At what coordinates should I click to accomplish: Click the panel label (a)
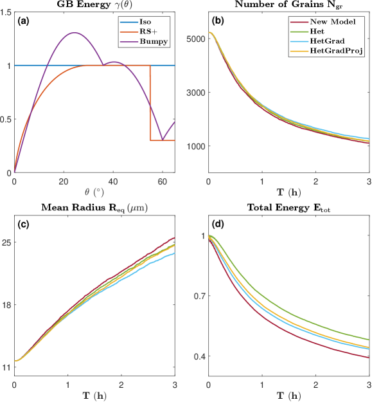[22, 21]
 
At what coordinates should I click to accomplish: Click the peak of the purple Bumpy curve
[75, 33]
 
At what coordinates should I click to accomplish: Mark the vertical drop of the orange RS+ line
[150, 103]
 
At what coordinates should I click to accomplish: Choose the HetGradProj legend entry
[337, 50]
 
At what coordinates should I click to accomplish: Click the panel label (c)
[22, 224]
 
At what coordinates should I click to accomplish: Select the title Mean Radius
[93, 208]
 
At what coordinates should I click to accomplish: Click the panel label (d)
[218, 224]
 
